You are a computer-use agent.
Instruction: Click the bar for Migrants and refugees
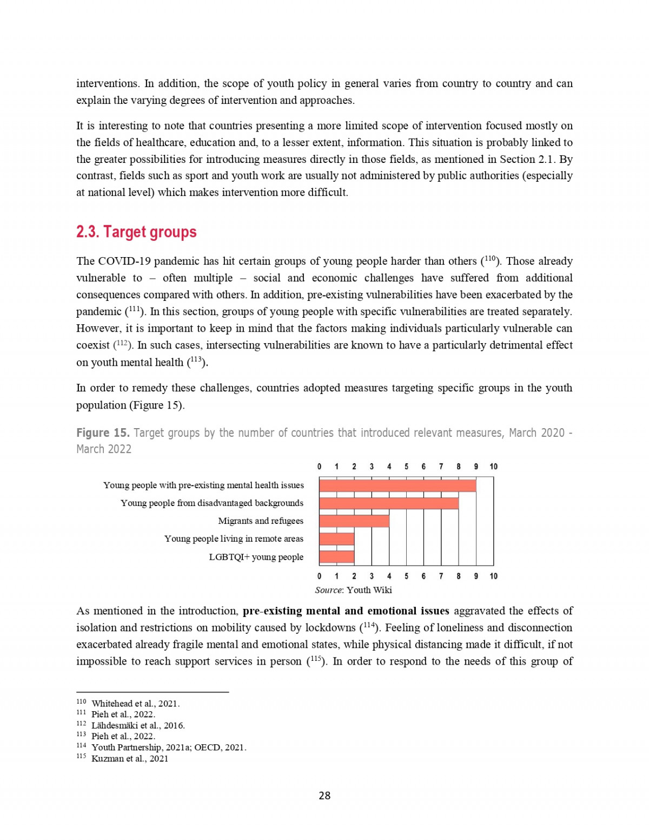(x=354, y=521)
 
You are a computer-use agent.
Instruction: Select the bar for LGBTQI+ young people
(x=336, y=557)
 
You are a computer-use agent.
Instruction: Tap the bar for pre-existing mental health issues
(x=398, y=485)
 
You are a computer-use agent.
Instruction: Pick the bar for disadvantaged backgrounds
(x=389, y=503)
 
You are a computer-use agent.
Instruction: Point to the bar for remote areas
(x=336, y=539)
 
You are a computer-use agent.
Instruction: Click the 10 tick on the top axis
(x=493, y=467)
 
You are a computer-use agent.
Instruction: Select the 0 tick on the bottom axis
(x=319, y=576)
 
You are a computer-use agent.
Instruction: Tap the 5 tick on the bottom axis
(x=406, y=576)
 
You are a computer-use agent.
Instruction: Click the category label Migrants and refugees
(x=261, y=521)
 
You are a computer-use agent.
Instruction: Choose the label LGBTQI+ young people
(x=256, y=557)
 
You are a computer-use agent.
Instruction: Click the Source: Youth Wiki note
(x=353, y=590)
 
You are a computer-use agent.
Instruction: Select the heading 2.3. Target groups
(x=136, y=232)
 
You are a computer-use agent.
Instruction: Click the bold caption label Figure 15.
(x=103, y=433)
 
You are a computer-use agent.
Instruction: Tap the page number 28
(x=325, y=796)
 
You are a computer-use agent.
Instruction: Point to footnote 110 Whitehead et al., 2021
(x=135, y=704)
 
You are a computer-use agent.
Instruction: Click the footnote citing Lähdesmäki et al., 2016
(x=138, y=725)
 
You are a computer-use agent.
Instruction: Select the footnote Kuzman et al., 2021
(x=130, y=759)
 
